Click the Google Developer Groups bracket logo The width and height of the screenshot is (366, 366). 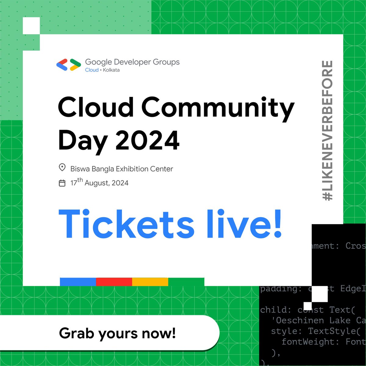tap(69, 65)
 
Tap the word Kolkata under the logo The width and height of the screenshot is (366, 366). tap(111, 70)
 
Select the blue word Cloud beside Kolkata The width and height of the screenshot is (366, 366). tap(91, 70)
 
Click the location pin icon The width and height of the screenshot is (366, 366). tap(62, 168)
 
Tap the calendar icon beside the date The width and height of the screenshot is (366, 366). tap(62, 183)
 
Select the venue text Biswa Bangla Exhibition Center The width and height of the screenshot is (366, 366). tap(122, 169)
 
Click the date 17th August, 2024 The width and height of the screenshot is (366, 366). tap(99, 183)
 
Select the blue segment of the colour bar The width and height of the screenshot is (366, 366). tap(78, 282)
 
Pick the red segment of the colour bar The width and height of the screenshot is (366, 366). tap(114, 282)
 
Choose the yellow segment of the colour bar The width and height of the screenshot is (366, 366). tap(150, 282)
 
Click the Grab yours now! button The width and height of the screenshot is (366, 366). tap(117, 333)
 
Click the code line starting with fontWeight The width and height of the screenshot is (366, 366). tap(323, 342)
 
